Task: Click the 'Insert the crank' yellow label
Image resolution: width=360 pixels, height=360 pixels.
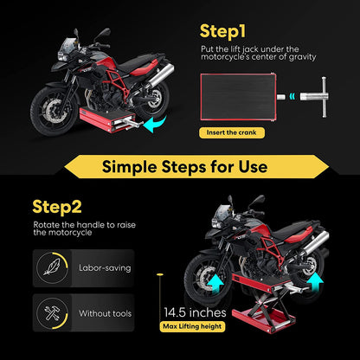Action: (x=230, y=133)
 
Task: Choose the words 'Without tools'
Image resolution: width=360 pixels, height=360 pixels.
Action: (x=105, y=313)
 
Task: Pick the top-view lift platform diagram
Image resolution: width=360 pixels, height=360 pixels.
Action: (x=241, y=97)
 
